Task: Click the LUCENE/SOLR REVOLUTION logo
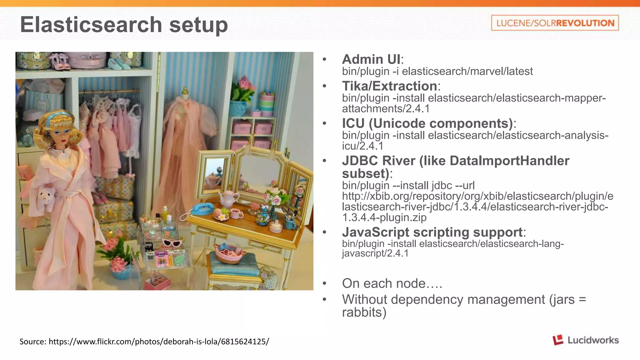pyautogui.click(x=555, y=23)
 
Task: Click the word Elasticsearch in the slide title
pyautogui.click(x=91, y=25)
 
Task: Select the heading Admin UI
pyautogui.click(x=371, y=59)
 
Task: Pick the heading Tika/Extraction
pyautogui.click(x=389, y=86)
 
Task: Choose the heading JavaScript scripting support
pyautogui.click(x=432, y=232)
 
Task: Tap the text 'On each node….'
pyautogui.click(x=392, y=283)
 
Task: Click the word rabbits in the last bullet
pyautogui.click(x=364, y=312)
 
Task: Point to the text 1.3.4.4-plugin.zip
pyautogui.click(x=384, y=217)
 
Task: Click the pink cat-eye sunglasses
pyautogui.click(x=172, y=243)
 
